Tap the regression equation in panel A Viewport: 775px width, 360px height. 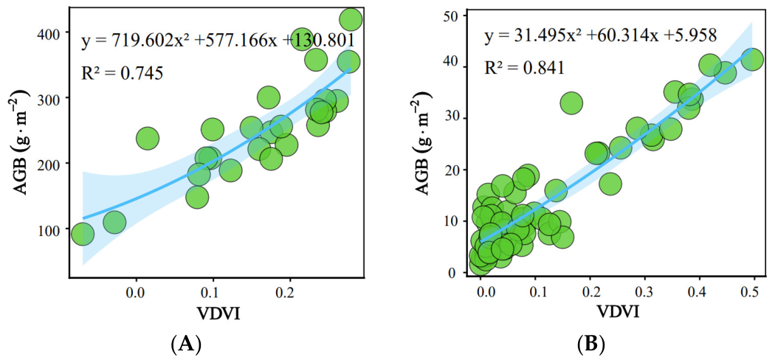pyautogui.click(x=217, y=41)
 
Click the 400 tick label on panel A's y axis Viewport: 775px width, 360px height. pyautogui.click(x=49, y=32)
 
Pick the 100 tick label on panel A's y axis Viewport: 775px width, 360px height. pyautogui.click(x=49, y=229)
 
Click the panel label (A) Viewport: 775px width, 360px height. pyautogui.click(x=186, y=343)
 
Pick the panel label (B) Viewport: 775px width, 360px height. pyautogui.click(x=591, y=343)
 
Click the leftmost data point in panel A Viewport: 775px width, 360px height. pyautogui.click(x=83, y=234)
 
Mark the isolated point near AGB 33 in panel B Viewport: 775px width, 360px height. pyautogui.click(x=571, y=103)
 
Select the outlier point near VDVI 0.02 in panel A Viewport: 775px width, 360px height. pyautogui.click(x=148, y=138)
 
